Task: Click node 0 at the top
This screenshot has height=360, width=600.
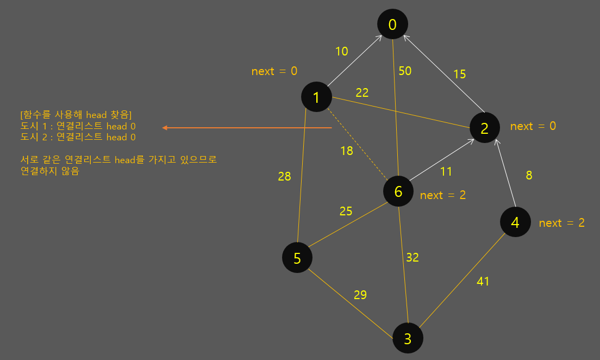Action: tap(393, 24)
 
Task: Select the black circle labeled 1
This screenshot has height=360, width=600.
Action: tap(316, 97)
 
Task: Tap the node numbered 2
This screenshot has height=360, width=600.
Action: tap(485, 128)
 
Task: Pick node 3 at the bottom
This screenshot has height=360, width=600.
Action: tap(408, 338)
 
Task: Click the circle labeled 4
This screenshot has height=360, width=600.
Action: tap(515, 222)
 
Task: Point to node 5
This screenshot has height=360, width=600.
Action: tap(297, 258)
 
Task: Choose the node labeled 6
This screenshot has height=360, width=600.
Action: tap(398, 191)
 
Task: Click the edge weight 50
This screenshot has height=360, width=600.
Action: tap(405, 71)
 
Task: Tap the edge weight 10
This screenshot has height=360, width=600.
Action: tap(341, 52)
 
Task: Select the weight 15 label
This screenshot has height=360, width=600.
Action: tap(459, 74)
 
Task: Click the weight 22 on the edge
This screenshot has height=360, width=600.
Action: tap(362, 93)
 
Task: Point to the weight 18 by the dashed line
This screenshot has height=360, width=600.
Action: tap(347, 151)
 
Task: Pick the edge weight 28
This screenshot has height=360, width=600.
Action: tap(284, 176)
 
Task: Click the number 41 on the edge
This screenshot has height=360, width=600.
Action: tap(483, 281)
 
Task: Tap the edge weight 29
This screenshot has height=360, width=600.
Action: tap(360, 295)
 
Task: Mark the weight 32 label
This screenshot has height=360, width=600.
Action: tap(412, 257)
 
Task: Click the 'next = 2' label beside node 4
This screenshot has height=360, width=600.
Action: tap(561, 223)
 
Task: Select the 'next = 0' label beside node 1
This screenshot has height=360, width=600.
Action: tap(274, 71)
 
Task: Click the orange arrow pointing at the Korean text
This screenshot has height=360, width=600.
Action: tap(247, 128)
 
